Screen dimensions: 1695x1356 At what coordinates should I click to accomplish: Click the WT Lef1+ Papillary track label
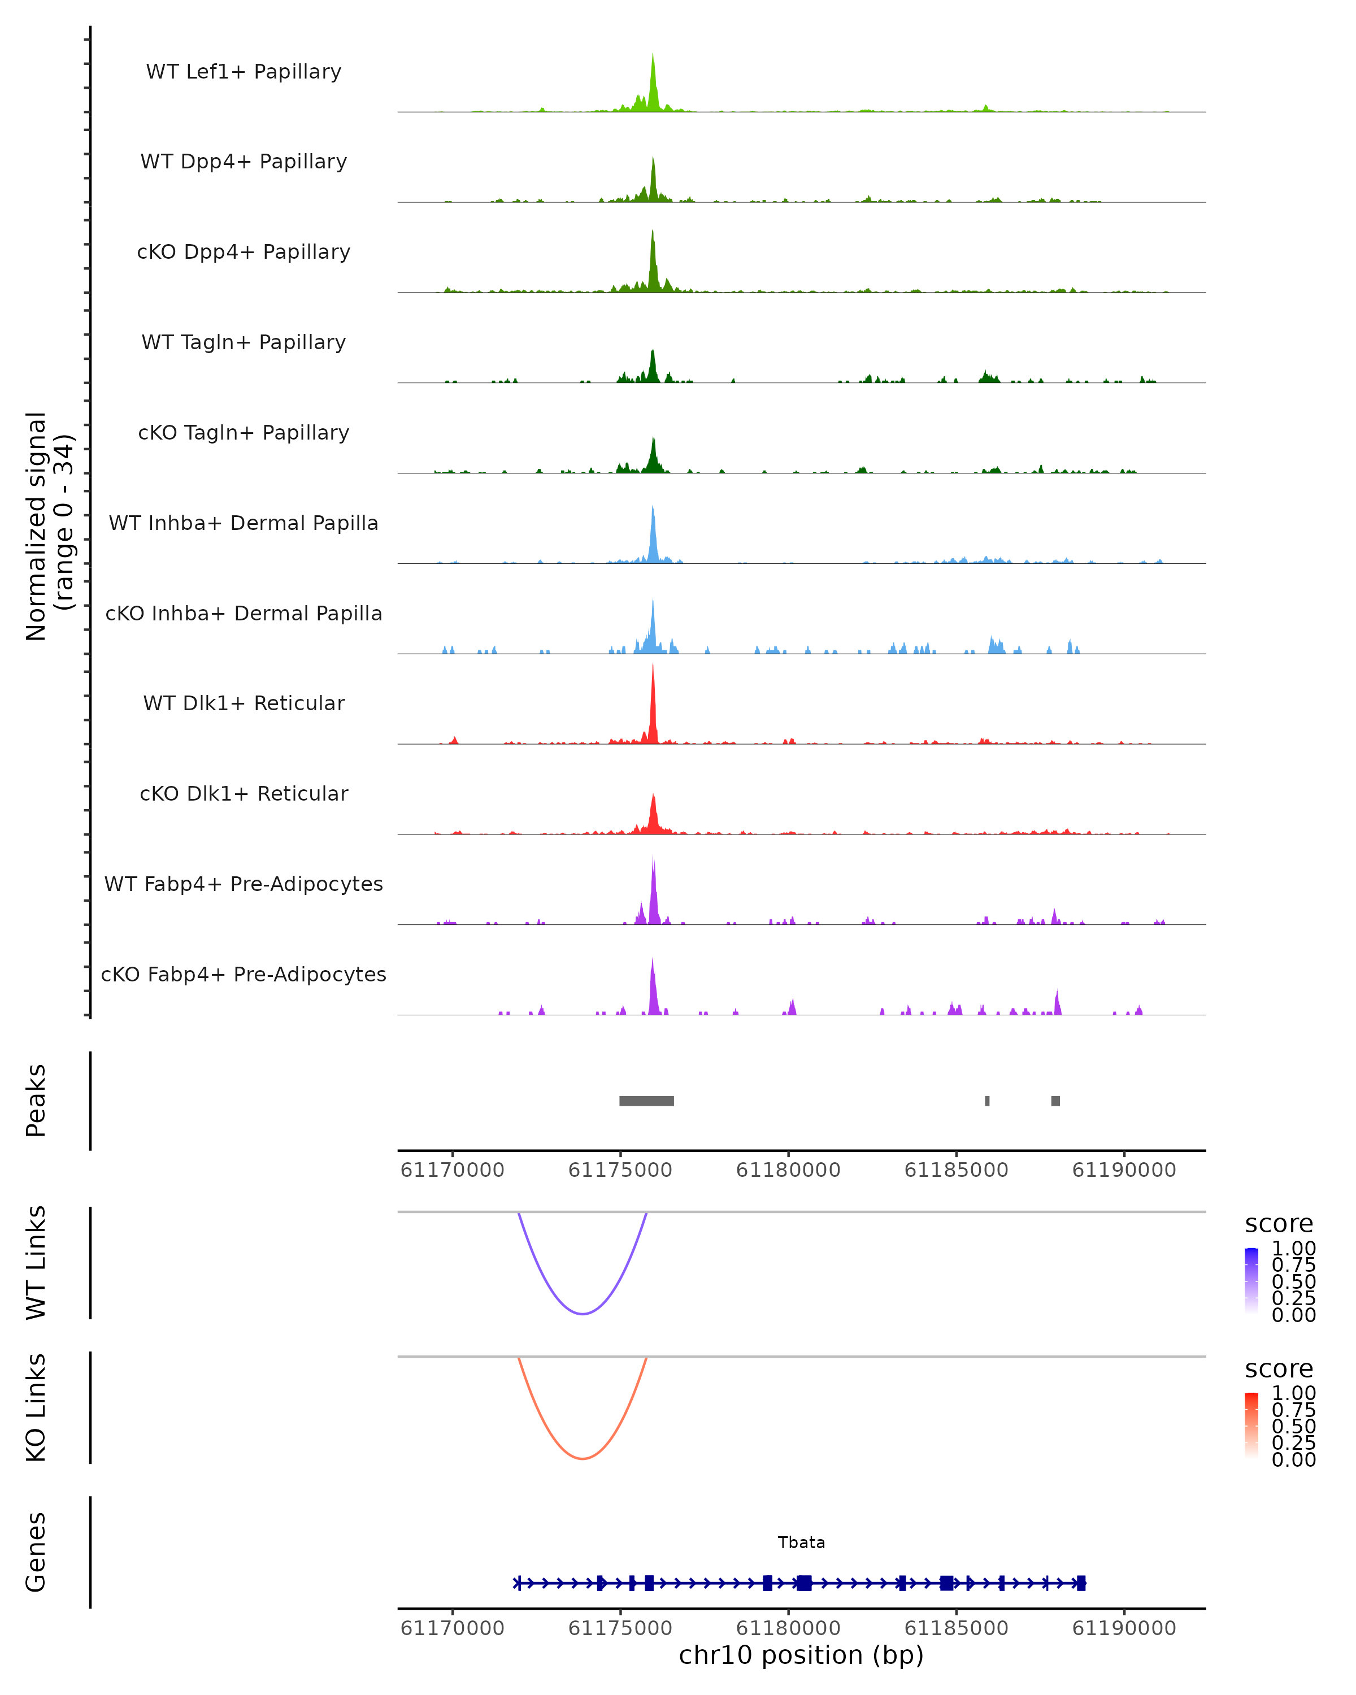(244, 72)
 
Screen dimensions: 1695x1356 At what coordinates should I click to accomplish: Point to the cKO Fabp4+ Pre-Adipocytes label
(244, 974)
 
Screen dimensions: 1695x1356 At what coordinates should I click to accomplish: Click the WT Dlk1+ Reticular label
(244, 703)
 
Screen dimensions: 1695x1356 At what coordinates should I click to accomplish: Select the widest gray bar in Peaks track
(646, 1101)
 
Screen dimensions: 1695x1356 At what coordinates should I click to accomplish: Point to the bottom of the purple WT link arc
(582, 1314)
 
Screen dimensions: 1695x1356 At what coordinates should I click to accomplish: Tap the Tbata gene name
(801, 1542)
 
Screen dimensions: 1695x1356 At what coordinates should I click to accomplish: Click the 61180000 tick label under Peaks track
(788, 1170)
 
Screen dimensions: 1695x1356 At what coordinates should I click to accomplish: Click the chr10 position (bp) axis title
(801, 1655)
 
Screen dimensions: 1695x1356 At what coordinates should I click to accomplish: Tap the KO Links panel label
(36, 1407)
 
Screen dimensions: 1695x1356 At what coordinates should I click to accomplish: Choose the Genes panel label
(36, 1552)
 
